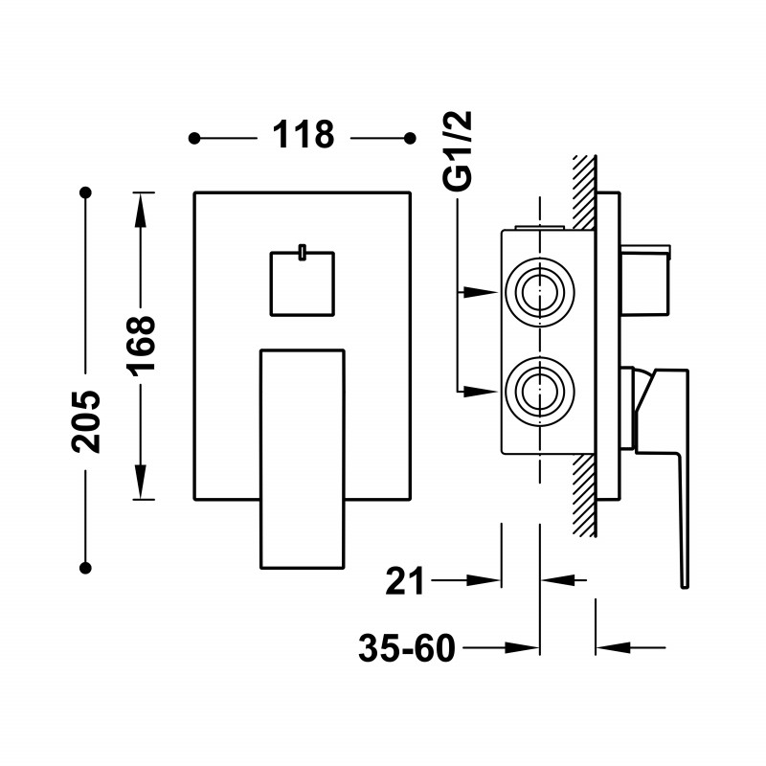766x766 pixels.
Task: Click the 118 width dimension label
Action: tap(304, 134)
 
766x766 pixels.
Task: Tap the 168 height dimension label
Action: tap(141, 346)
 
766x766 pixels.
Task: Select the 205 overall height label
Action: tap(86, 421)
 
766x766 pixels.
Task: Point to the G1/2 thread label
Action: tap(458, 150)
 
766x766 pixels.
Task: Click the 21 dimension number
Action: tap(404, 581)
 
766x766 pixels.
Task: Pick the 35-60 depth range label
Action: tap(407, 648)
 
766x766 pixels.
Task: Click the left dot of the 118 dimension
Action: tap(194, 138)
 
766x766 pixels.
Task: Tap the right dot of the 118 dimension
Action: tap(411, 138)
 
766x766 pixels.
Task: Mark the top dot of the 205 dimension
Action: tap(86, 192)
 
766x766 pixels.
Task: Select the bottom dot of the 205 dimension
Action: tap(85, 568)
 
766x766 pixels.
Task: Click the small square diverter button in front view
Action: tap(303, 283)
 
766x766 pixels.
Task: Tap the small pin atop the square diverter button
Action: tap(303, 252)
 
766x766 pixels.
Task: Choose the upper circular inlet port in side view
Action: tap(540, 293)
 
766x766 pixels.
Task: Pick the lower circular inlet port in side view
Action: tap(540, 392)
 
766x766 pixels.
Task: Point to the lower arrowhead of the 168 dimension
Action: tap(141, 482)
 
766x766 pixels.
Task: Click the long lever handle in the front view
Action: tap(303, 460)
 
